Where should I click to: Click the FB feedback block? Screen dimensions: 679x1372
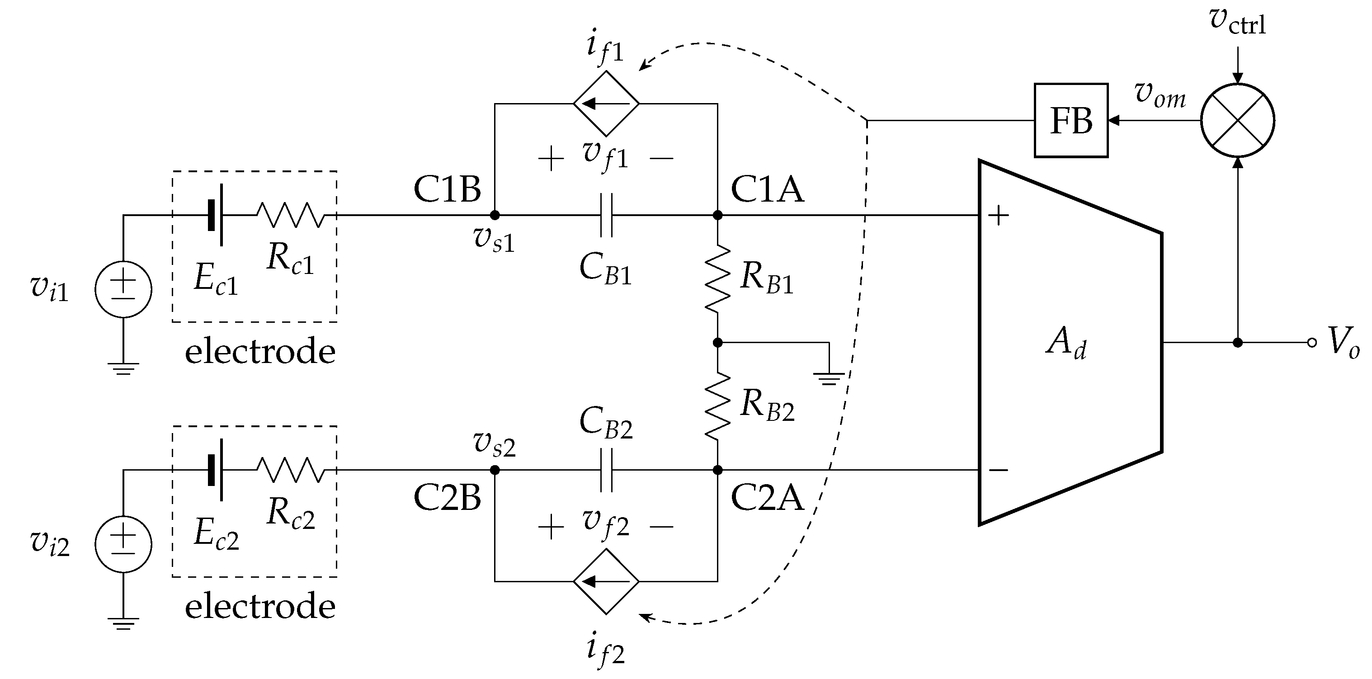pyautogui.click(x=1071, y=120)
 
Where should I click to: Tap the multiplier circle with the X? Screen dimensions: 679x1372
pyautogui.click(x=1238, y=120)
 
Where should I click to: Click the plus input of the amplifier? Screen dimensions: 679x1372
pyautogui.click(x=998, y=216)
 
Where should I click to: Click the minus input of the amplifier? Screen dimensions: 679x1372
pyautogui.click(x=998, y=470)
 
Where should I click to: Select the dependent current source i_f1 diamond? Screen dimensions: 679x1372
pyautogui.click(x=606, y=104)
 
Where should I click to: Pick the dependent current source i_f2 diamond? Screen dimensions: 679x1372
pyautogui.click(x=606, y=581)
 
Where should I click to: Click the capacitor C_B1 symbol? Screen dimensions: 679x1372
pyautogui.click(x=606, y=215)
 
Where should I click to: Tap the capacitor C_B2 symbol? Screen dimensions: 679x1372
pyautogui.click(x=606, y=470)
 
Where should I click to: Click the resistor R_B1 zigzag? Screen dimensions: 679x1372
pyautogui.click(x=717, y=278)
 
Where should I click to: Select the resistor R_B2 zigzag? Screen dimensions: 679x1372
pyautogui.click(x=717, y=406)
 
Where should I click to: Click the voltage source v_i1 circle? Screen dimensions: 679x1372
pyautogui.click(x=123, y=290)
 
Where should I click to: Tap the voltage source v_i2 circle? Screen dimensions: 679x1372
pyautogui.click(x=123, y=544)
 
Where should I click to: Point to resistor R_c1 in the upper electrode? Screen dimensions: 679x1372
pyautogui.click(x=290, y=215)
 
